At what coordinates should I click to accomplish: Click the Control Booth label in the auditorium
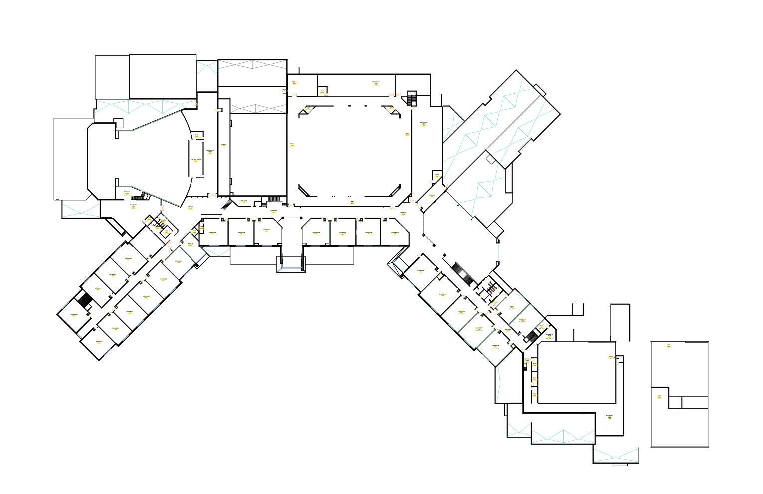pyautogui.click(x=196, y=160)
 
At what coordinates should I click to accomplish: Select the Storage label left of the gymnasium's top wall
pyautogui.click(x=294, y=82)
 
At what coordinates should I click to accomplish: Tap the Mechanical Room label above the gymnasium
pyautogui.click(x=376, y=83)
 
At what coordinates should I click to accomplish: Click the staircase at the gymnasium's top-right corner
pyautogui.click(x=411, y=99)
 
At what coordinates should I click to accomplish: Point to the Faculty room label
pyautogui.click(x=191, y=244)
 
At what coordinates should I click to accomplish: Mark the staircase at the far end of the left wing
pyautogui.click(x=85, y=301)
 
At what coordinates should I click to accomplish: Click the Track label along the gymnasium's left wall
pyautogui.click(x=292, y=145)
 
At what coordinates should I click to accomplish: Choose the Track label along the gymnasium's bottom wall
pyautogui.click(x=352, y=202)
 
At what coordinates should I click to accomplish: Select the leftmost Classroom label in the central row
pyautogui.click(x=212, y=233)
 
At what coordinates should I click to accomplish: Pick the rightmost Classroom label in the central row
pyautogui.click(x=395, y=233)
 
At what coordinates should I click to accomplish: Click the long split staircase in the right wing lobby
pyautogui.click(x=462, y=274)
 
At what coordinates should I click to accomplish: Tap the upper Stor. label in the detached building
pyautogui.click(x=668, y=346)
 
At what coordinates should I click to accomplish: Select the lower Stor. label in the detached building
pyautogui.click(x=659, y=397)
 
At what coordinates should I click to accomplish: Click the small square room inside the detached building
pyautogui.click(x=675, y=402)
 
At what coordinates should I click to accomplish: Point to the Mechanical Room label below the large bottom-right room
pyautogui.click(x=609, y=417)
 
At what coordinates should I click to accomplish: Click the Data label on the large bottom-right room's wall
pyautogui.click(x=611, y=357)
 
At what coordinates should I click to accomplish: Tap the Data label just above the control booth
pyautogui.click(x=197, y=135)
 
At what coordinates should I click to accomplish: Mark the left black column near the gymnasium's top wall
pyautogui.click(x=349, y=106)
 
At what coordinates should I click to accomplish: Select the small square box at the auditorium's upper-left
pyautogui.click(x=118, y=123)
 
